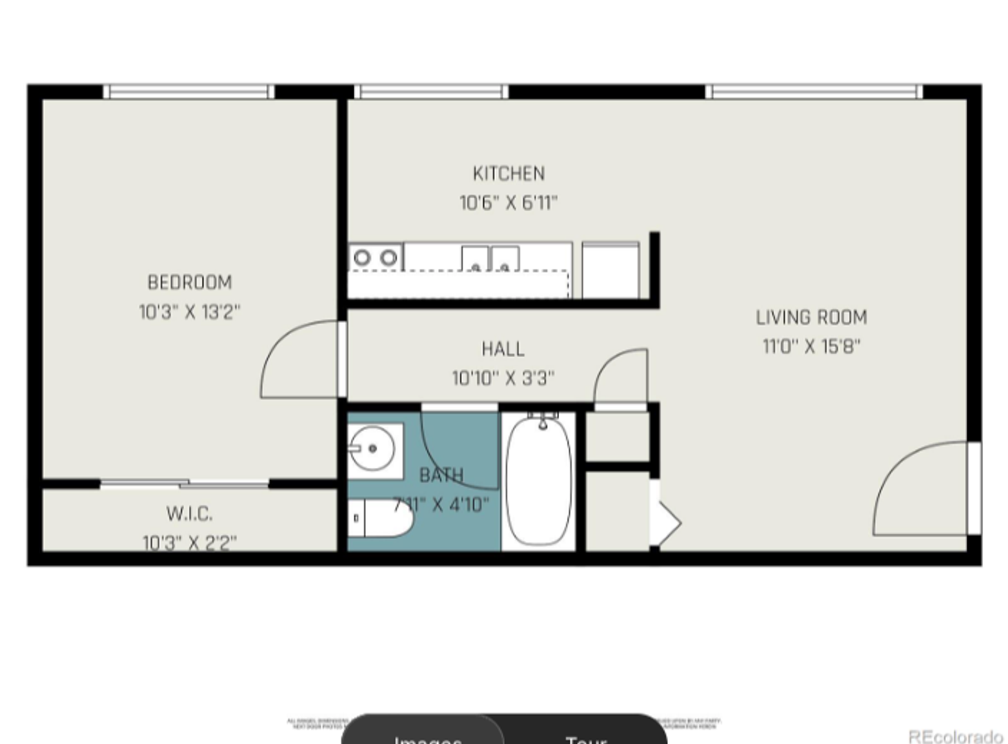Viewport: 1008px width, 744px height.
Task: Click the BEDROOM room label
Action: click(190, 282)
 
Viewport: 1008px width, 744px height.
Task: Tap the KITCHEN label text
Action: click(508, 174)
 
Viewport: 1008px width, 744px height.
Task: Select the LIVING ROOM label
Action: click(811, 318)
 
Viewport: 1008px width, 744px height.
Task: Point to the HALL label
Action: click(503, 349)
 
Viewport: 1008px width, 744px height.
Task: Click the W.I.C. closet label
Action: click(189, 514)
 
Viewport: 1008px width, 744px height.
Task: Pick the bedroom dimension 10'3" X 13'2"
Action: click(190, 312)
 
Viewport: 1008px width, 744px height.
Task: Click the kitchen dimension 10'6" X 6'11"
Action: click(508, 203)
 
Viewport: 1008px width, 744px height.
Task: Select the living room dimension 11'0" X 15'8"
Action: click(811, 347)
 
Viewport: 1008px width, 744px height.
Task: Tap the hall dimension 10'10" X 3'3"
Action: click(503, 378)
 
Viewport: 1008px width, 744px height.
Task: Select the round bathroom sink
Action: click(372, 449)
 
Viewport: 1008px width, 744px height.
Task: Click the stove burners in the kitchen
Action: click(375, 258)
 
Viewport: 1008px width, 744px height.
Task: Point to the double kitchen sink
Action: click(490, 260)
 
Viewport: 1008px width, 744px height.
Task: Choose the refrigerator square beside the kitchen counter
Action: click(610, 270)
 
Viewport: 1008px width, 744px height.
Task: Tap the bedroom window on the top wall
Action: click(188, 92)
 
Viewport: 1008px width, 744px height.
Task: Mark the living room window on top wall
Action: click(814, 92)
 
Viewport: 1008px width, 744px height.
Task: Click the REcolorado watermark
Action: click(955, 736)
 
